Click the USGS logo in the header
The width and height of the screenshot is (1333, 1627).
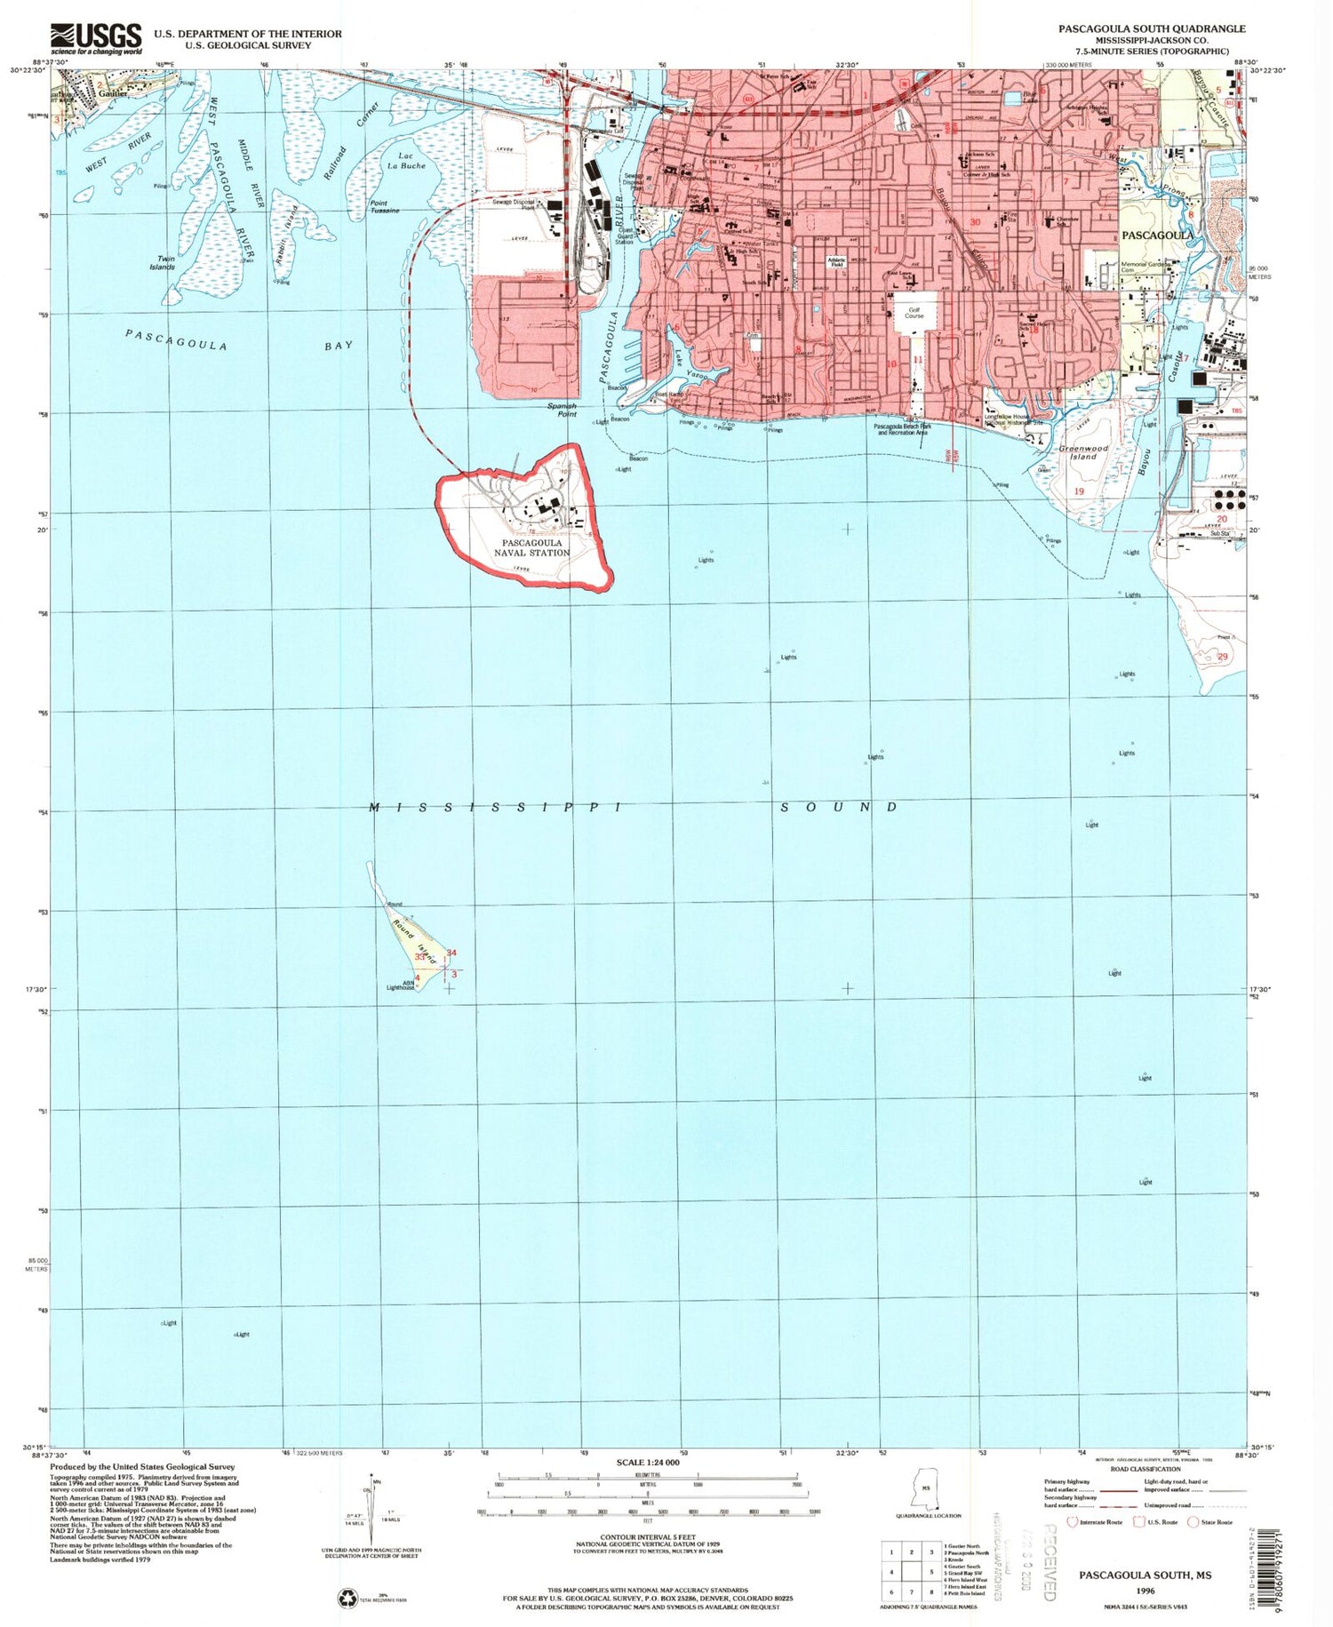[96, 39]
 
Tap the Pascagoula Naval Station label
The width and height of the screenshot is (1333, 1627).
[531, 547]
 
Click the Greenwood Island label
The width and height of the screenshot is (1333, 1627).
[1083, 453]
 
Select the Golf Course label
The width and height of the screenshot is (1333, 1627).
[914, 312]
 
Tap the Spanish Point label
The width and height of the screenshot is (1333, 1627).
[562, 409]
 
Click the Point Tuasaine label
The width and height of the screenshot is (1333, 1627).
[384, 206]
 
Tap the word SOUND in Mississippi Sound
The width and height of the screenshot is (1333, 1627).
[839, 807]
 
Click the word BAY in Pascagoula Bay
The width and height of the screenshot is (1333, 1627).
[339, 345]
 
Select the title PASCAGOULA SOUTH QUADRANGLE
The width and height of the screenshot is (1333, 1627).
[1151, 28]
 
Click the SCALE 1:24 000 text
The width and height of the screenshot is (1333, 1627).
[647, 1463]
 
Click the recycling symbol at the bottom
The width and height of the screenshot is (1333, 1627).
[347, 1598]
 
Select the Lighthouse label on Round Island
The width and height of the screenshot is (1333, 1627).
[401, 986]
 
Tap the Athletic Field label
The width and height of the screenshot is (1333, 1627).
[835, 262]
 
